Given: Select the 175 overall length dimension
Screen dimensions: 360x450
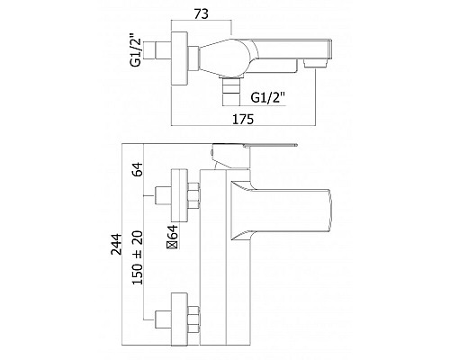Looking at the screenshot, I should (236, 117).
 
